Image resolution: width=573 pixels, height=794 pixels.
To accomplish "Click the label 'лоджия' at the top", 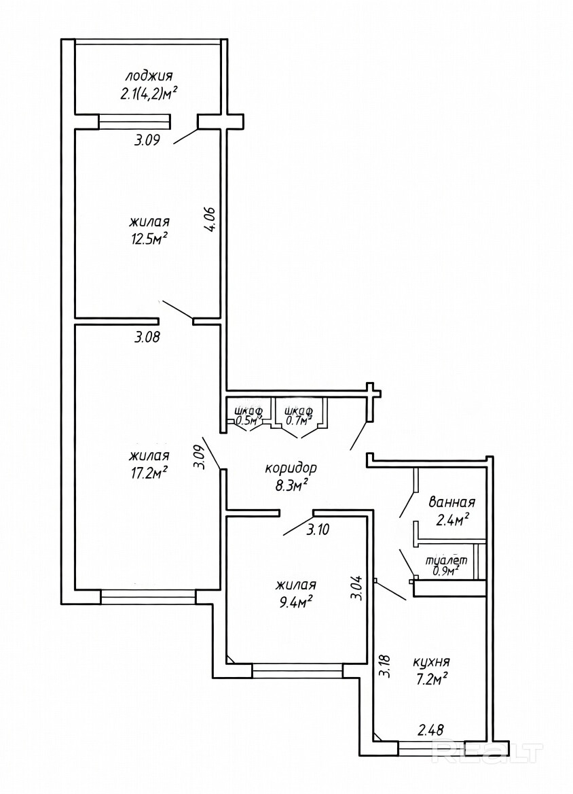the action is click(x=149, y=77).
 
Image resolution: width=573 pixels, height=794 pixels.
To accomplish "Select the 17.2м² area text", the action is click(x=148, y=473).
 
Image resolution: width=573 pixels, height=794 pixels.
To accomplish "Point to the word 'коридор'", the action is click(x=291, y=468).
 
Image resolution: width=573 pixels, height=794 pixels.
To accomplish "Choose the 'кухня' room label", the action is click(x=431, y=661).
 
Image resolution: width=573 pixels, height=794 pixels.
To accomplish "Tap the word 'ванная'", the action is click(x=451, y=502).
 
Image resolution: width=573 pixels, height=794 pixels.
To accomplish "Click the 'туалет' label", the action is click(x=446, y=561).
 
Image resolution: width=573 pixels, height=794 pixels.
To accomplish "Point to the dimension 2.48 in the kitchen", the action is click(x=430, y=729).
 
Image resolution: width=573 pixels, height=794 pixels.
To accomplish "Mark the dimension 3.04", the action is click(x=356, y=587).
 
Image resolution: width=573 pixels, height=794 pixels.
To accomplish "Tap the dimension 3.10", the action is click(x=318, y=530).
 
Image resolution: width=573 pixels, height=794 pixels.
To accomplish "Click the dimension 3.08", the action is click(x=147, y=336).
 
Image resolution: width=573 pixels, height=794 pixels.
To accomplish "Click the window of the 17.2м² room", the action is click(x=148, y=596).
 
